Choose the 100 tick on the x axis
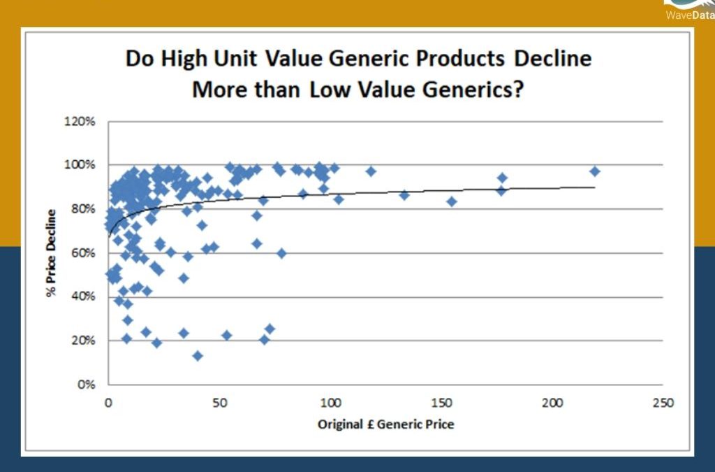tap(330, 403)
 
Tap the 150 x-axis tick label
tap(441, 403)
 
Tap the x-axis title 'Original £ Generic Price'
tap(385, 424)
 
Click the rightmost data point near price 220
tap(595, 171)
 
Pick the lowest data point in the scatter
tap(198, 356)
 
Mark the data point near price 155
tap(452, 201)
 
